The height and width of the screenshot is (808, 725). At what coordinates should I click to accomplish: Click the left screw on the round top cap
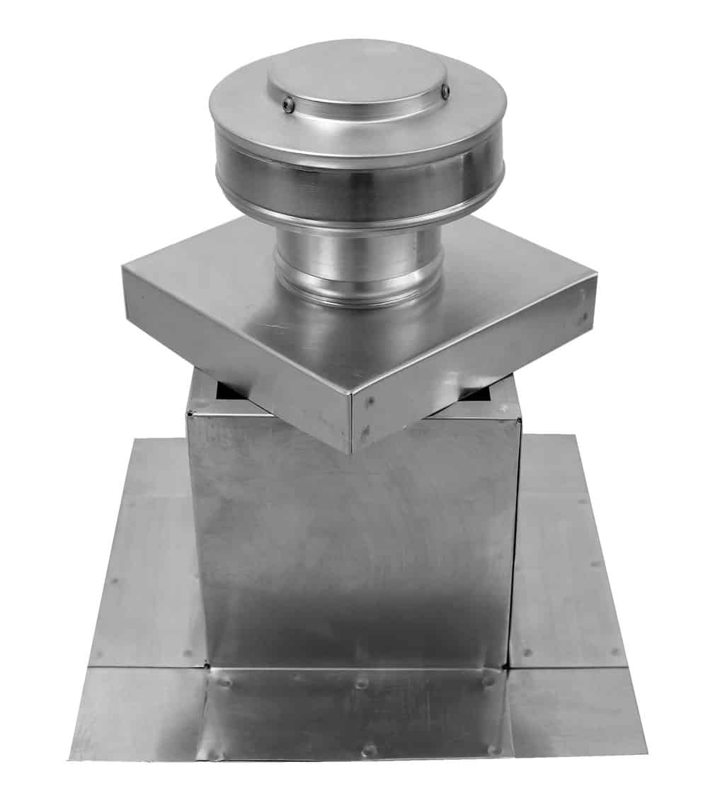[288, 105]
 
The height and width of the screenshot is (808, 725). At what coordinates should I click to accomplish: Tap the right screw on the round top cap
[445, 91]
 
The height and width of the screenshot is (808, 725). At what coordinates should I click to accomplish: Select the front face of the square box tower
[354, 552]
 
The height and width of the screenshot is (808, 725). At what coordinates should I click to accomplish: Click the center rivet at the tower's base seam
[362, 684]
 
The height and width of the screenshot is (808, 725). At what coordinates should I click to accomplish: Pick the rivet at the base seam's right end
[489, 680]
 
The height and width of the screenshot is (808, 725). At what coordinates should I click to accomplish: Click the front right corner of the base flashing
[645, 751]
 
